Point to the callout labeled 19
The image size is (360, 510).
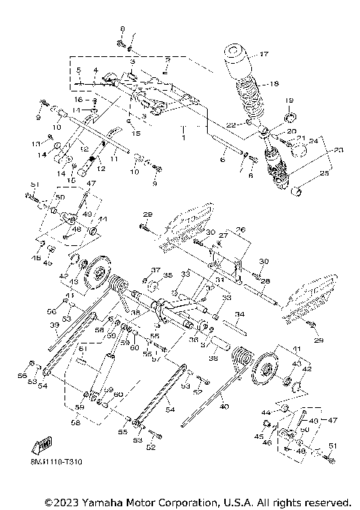(x=289, y=100)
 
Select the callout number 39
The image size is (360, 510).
(x=53, y=325)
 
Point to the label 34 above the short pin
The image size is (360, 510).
(x=238, y=314)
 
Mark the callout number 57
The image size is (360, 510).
(x=155, y=358)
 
